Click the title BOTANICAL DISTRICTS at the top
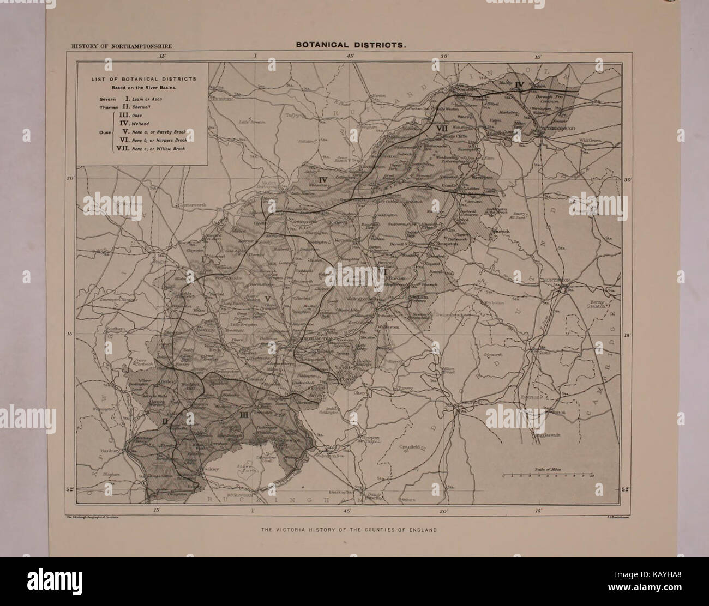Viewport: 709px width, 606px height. (x=351, y=46)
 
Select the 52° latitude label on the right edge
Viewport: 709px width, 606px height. (x=626, y=489)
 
